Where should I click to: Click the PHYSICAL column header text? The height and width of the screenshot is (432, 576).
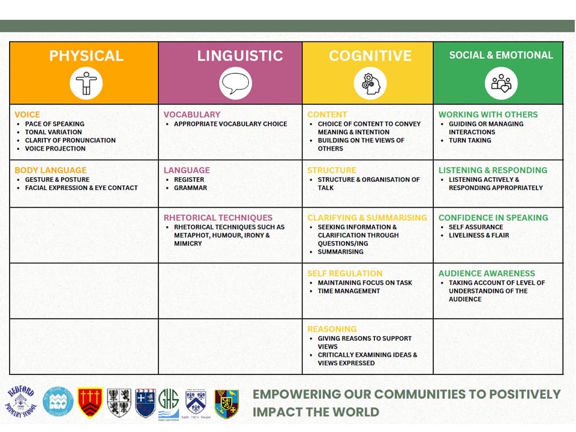point(86,56)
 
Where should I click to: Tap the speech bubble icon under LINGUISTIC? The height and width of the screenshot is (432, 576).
point(235,83)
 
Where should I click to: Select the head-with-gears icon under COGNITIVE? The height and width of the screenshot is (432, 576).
point(370,84)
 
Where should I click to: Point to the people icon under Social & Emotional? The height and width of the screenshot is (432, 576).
point(501,83)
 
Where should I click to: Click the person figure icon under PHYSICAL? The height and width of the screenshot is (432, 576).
point(86,83)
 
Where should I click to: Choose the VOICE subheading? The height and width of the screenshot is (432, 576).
point(27,115)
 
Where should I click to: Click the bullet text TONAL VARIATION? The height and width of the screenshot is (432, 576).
point(53,132)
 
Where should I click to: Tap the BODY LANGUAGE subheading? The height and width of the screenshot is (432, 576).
point(50,170)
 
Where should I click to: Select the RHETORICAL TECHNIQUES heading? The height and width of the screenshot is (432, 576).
point(218,218)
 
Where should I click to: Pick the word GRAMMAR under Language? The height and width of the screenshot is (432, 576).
point(190,188)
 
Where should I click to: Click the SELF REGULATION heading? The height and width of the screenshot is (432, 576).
point(345,274)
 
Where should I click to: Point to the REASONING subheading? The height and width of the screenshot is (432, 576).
point(332,329)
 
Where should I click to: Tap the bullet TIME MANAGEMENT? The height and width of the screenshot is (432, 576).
point(349,291)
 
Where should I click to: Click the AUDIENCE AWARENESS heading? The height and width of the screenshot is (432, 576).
point(487,274)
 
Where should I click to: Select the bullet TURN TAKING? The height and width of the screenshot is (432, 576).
point(470,140)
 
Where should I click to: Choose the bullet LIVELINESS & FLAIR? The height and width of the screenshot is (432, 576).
point(479,235)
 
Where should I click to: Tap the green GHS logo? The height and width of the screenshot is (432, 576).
point(169,404)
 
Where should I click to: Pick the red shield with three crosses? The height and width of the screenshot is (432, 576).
point(89,403)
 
